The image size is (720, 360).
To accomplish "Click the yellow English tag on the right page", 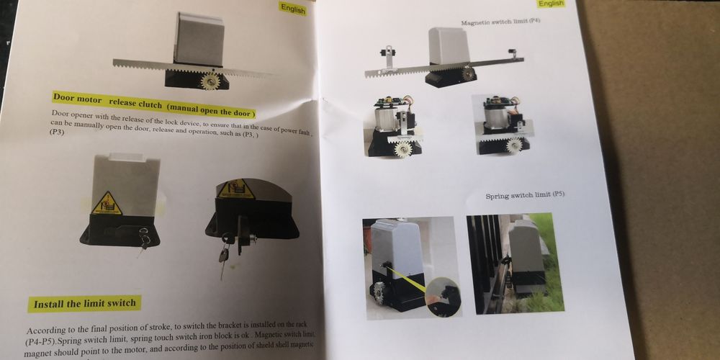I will click(x=550, y=4).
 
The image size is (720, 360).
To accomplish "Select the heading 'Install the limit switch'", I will click(x=84, y=303).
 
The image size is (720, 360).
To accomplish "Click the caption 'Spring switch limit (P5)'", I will click(x=524, y=195).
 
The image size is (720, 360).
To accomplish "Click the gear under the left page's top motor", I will click(x=210, y=81).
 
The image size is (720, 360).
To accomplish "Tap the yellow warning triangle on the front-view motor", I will click(x=107, y=203).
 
